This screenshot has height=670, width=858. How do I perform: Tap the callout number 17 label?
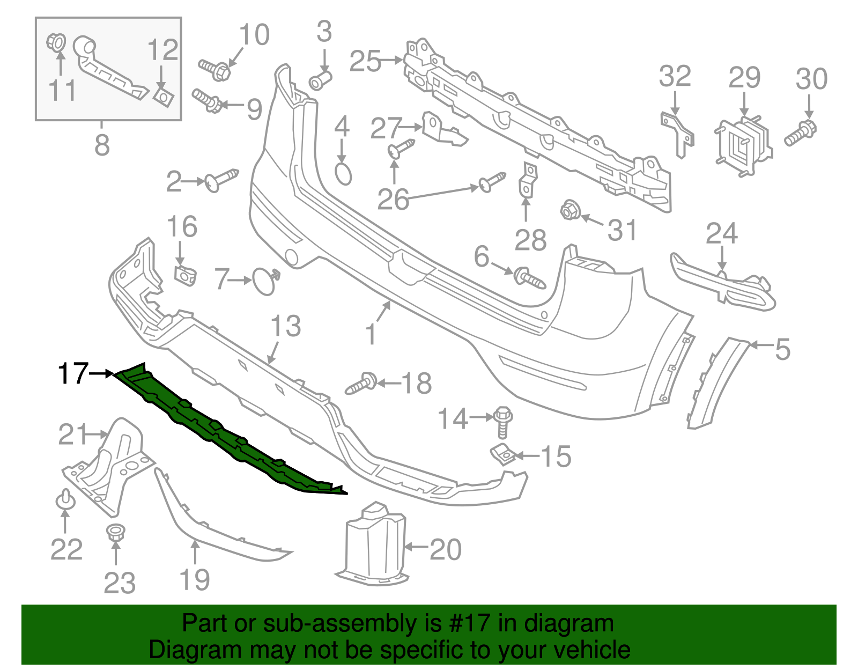[x=73, y=373]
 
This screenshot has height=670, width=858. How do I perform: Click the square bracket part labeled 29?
[x=743, y=144]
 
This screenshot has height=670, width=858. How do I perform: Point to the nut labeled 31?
[x=569, y=210]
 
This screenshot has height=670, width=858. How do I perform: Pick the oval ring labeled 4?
[x=343, y=174]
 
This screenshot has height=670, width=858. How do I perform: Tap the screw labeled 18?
[x=361, y=384]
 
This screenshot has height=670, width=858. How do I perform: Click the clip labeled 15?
[x=502, y=454]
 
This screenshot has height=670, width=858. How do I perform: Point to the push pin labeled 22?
[x=65, y=499]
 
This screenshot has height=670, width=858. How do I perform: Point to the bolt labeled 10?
[x=215, y=70]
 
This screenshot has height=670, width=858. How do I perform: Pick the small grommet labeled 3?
[x=320, y=81]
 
